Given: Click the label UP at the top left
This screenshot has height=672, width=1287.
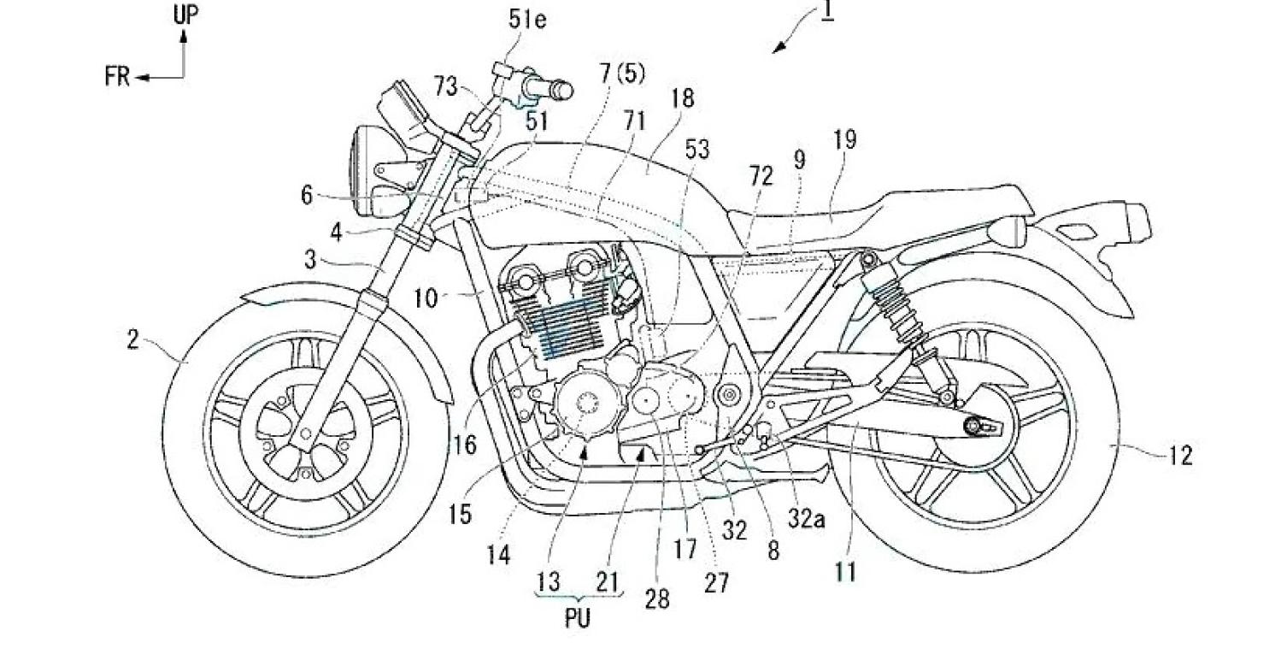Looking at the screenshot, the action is [x=185, y=15].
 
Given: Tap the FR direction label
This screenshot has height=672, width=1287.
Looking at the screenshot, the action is [x=117, y=76].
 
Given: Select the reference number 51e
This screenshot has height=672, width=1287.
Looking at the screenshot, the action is [x=527, y=20].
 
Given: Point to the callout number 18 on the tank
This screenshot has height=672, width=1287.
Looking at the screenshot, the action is [x=682, y=98].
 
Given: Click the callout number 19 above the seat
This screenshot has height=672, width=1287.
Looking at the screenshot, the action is [x=844, y=139].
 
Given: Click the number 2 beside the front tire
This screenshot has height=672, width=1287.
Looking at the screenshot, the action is [x=132, y=339].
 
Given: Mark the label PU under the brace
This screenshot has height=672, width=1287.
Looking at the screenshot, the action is [x=578, y=618].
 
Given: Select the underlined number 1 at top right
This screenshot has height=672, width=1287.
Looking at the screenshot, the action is [x=827, y=11].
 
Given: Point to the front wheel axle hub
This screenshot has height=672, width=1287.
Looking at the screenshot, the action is [x=306, y=433].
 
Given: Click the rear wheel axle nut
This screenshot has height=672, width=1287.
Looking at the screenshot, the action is [x=973, y=426].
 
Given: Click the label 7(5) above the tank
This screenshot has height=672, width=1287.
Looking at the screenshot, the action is [x=623, y=74].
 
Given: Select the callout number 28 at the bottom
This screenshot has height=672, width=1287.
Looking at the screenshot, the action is [x=657, y=599].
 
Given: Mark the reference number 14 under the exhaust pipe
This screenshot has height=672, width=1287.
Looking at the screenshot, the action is [x=498, y=555].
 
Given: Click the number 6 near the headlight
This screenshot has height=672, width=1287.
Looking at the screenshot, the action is [x=307, y=196].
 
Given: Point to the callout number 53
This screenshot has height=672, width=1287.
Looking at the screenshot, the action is [x=697, y=150].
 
